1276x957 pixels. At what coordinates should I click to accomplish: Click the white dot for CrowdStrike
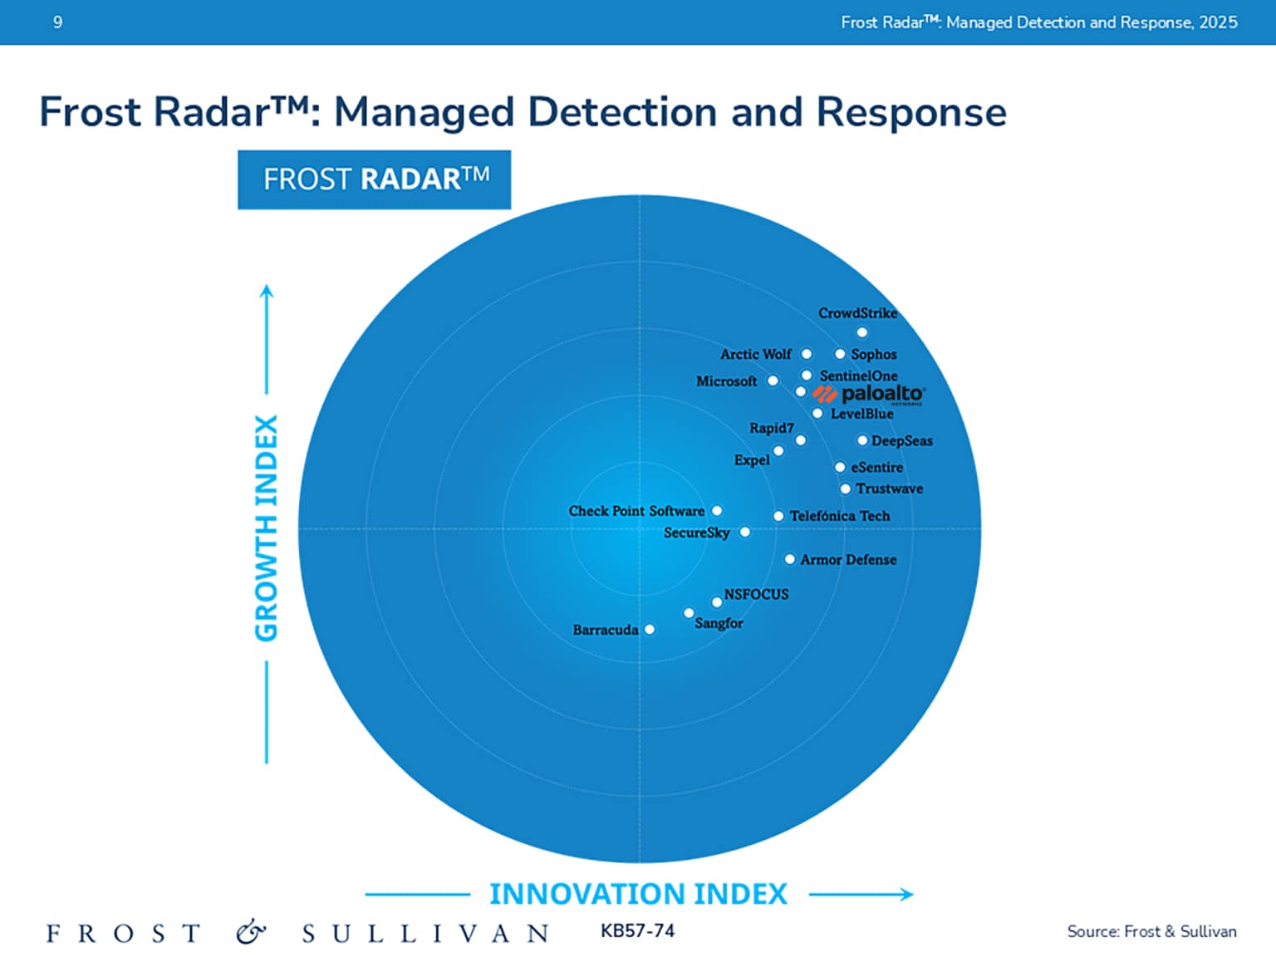pyautogui.click(x=862, y=332)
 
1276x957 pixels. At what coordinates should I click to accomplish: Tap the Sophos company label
pyautogui.click(x=873, y=354)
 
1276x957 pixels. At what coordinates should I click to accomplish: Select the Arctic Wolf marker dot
pyautogui.click(x=806, y=354)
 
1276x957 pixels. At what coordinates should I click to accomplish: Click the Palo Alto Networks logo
pyautogui.click(x=869, y=395)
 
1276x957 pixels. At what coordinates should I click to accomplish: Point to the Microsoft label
pyautogui.click(x=726, y=381)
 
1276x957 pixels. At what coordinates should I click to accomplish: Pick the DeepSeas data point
pyautogui.click(x=862, y=440)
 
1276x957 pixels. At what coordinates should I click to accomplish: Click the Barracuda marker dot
pyautogui.click(x=650, y=630)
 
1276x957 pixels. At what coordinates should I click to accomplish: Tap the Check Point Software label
pyautogui.click(x=636, y=511)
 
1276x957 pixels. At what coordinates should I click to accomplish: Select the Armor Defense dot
pyautogui.click(x=790, y=559)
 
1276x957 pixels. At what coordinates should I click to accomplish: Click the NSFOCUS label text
pyautogui.click(x=756, y=594)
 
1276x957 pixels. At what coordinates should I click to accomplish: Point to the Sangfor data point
pyautogui.click(x=689, y=613)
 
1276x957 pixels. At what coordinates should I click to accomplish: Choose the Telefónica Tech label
pyautogui.click(x=839, y=516)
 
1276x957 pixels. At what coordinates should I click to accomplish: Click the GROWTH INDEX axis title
pyautogui.click(x=266, y=528)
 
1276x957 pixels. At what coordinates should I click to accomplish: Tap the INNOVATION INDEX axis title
pyautogui.click(x=638, y=894)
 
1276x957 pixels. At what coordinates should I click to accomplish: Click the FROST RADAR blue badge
pyautogui.click(x=374, y=179)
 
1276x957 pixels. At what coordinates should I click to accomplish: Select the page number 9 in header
pyautogui.click(x=57, y=22)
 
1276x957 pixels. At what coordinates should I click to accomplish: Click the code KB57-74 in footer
pyautogui.click(x=637, y=931)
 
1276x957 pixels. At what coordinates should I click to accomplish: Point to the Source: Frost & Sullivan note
pyautogui.click(x=1151, y=931)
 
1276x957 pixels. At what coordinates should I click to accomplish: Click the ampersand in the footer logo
pyautogui.click(x=251, y=933)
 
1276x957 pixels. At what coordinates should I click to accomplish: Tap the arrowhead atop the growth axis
pyautogui.click(x=267, y=290)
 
